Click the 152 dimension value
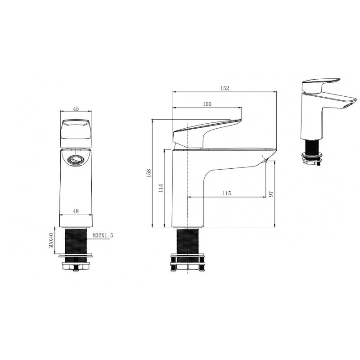tap(225, 88)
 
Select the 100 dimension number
tap(207, 104)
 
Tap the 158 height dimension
tap(148, 173)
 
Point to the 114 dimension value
tap(161, 188)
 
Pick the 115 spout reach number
tap(227, 193)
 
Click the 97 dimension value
tap(271, 194)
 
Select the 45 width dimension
tap(76, 108)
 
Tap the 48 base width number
tap(76, 211)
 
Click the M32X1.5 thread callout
tap(103, 235)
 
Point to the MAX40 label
tap(51, 240)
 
